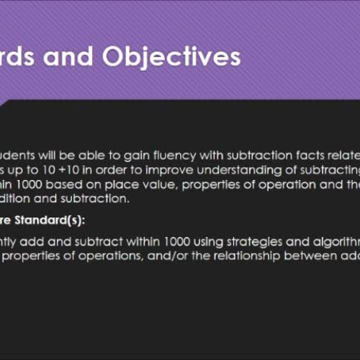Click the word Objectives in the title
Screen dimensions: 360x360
click(171, 58)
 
